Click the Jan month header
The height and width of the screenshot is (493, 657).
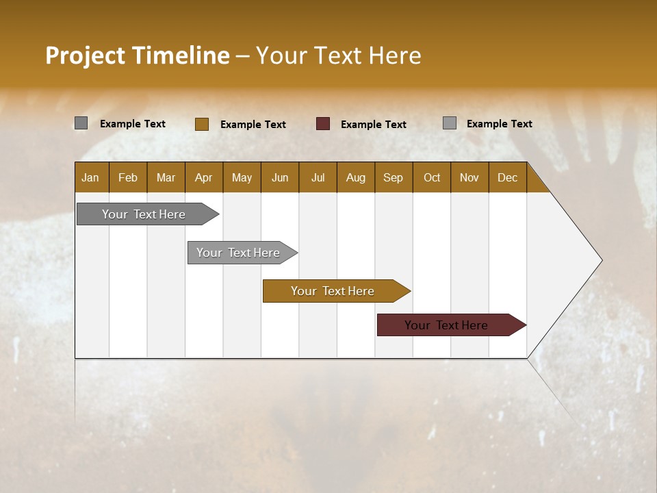pos(91,177)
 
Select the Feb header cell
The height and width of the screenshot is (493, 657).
pos(128,177)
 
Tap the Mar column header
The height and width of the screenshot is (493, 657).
pos(166,177)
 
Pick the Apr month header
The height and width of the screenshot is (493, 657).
pos(204,177)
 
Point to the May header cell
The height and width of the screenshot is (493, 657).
pos(242,177)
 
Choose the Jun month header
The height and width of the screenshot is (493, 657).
pos(280,177)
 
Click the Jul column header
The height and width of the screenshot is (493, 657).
pos(318,177)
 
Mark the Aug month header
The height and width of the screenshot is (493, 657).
pos(356,177)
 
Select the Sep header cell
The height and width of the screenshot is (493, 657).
pos(394,177)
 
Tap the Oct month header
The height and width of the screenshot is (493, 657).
pos(432,177)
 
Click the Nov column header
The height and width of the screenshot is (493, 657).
pos(469,177)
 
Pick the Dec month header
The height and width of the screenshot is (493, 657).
pos(508,177)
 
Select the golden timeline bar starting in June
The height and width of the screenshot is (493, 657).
pos(333,291)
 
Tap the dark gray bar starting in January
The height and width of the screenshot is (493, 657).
pos(144,214)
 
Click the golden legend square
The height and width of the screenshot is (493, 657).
pos(202,124)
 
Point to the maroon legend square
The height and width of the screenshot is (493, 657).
pos(323,124)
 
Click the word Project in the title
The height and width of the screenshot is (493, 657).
pos(85,55)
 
